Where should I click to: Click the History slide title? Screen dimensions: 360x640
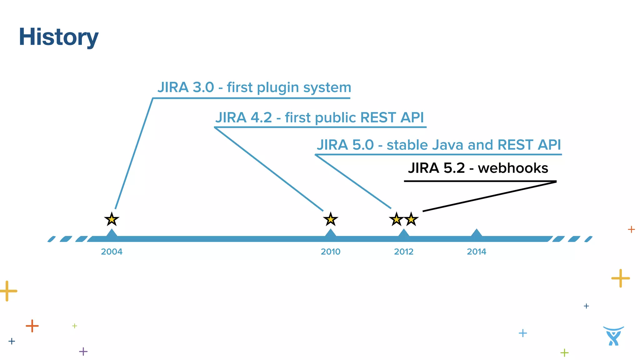coord(58,37)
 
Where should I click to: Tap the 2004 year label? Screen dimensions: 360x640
coord(112,252)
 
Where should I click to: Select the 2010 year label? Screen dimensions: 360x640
coord(330,252)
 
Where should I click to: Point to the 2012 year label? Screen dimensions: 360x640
coord(403,252)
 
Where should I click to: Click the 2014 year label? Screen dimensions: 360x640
coord(476,252)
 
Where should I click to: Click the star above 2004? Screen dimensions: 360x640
coord(112,219)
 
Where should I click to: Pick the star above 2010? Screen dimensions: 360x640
coord(330,219)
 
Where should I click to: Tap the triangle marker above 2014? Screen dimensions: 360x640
coord(476,233)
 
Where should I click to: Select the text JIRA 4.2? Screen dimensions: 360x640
coord(244,118)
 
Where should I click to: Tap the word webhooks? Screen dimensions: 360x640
coord(513,168)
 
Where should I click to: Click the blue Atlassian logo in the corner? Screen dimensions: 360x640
coord(613,336)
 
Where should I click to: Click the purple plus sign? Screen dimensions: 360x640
coord(83,351)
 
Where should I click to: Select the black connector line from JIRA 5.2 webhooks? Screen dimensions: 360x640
coord(489,196)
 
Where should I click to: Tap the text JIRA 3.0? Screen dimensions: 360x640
coord(186,87)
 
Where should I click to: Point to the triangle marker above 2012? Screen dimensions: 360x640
coord(403,233)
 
